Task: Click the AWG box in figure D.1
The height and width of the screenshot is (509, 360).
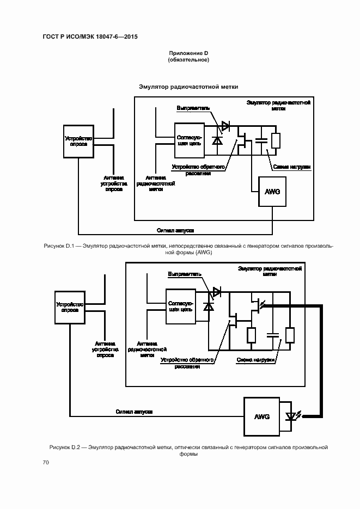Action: tap(272, 192)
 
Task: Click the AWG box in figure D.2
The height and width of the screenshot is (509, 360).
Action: tap(262, 416)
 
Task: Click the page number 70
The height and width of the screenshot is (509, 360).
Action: tap(46, 462)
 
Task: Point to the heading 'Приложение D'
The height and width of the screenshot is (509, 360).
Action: tap(188, 53)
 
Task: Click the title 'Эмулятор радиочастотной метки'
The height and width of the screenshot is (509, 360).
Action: tap(188, 87)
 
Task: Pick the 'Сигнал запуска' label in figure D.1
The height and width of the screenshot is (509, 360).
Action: tap(175, 230)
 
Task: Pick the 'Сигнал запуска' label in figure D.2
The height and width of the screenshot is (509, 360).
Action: tap(133, 412)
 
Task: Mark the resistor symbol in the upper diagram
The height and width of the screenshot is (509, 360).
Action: tap(276, 141)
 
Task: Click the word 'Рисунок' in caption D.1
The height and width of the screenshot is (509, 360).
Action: tap(54, 246)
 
